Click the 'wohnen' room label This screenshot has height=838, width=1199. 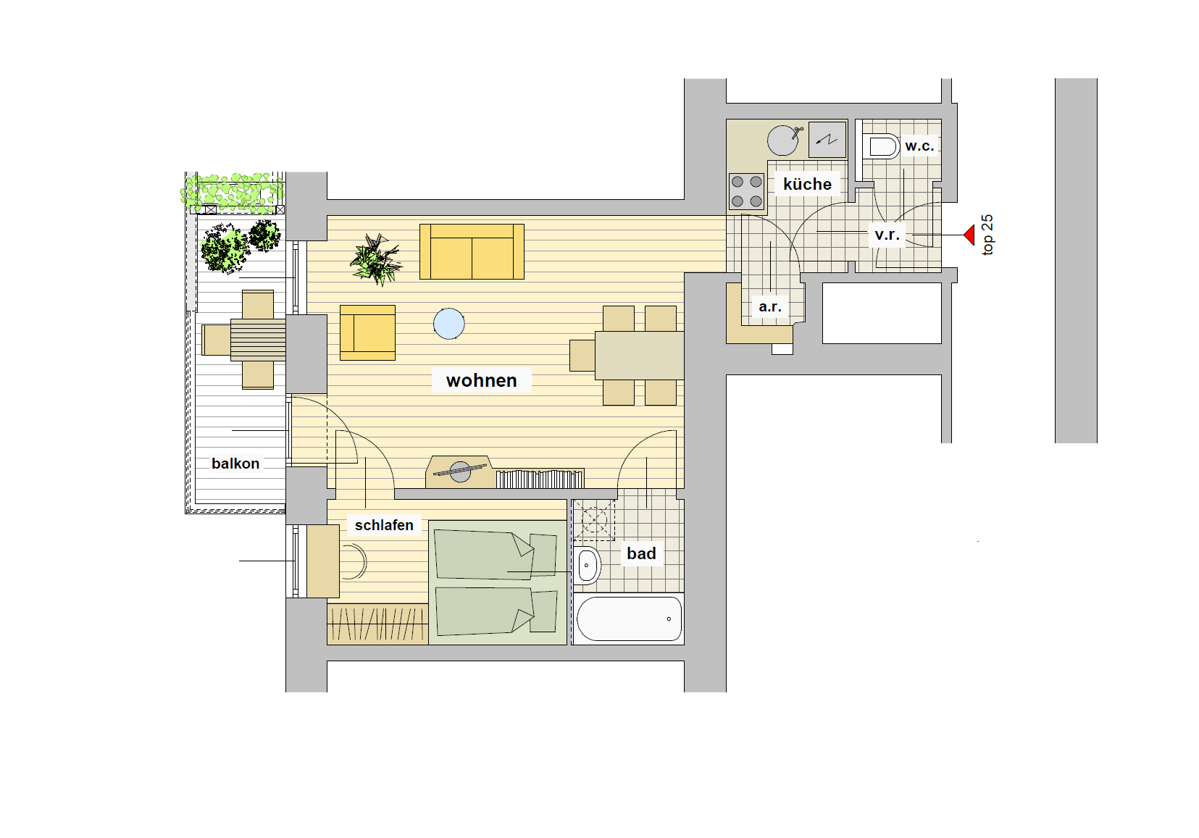pos(482,380)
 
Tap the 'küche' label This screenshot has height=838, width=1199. pos(807,184)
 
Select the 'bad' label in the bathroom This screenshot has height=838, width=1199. pos(641,553)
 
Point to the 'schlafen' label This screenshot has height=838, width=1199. pos(384,525)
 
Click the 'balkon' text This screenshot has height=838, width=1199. pos(235,464)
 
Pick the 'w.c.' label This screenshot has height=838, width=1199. pos(919,146)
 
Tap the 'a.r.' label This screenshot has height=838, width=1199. pos(770,306)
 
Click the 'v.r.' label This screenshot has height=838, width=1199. pos(887,235)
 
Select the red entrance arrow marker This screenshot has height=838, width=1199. pos(969,235)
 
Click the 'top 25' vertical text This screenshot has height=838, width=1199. pos(987,235)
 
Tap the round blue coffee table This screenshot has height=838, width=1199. pos(449,324)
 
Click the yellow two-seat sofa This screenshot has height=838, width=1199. pos(472,251)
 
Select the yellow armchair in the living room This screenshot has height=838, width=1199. pos(368,333)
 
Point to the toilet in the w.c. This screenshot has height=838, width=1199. pos(880,146)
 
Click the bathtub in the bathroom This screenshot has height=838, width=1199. pos(629,619)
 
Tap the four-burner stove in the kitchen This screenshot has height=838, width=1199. pos(747,191)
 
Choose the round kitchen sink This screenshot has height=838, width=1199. pos(782,141)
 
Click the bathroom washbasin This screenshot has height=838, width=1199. pos(588,565)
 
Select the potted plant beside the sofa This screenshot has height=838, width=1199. pos(376,259)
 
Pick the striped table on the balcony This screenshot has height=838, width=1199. pos(258,340)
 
